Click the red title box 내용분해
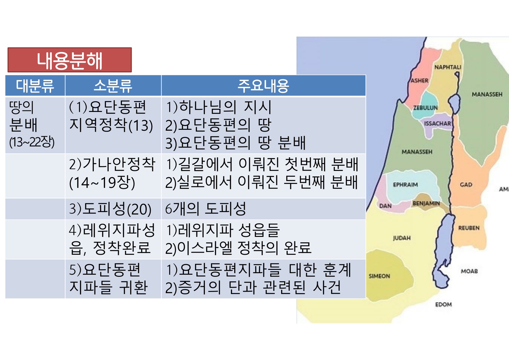(70, 60)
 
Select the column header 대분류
(35, 86)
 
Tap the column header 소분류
(113, 86)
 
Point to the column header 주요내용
(264, 86)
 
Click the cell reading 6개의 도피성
(205, 209)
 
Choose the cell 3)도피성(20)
(110, 209)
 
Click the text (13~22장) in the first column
(32, 142)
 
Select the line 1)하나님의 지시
(219, 107)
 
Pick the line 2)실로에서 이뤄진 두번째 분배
(262, 182)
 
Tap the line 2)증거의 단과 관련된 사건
(253, 287)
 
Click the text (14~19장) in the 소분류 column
(102, 182)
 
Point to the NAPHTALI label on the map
(448, 67)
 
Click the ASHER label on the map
(419, 81)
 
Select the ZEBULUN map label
(425, 108)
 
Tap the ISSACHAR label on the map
(438, 123)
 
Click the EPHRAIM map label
(406, 185)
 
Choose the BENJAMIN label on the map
(426, 203)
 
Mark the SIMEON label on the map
(379, 276)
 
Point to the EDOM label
(444, 305)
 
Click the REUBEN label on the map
(469, 228)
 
